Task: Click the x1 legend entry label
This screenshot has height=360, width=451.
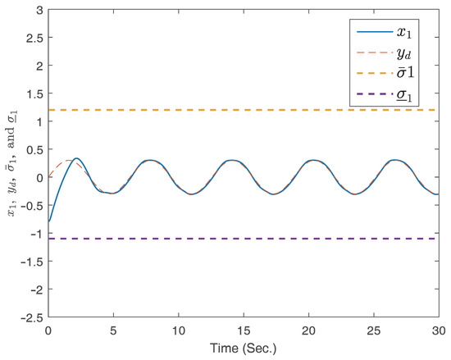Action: pyautogui.click(x=403, y=34)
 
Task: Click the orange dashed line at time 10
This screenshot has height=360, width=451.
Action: pyautogui.click(x=182, y=110)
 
